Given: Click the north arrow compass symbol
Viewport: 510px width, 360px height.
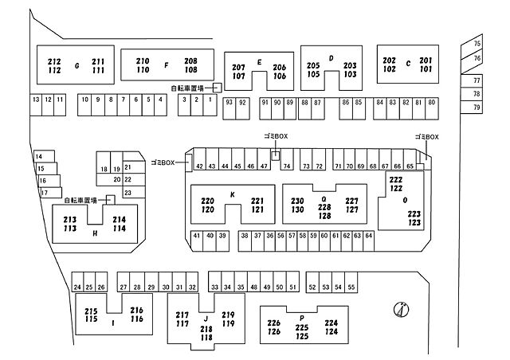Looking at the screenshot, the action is [401, 309].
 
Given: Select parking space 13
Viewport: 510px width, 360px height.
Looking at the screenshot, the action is [36, 104].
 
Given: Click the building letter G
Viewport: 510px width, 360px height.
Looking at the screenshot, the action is [77, 65].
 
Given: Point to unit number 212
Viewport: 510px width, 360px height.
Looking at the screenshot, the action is [54, 61].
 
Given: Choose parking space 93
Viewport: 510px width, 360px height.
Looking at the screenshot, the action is [229, 108].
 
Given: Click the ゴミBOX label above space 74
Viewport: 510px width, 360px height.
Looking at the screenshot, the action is [276, 136].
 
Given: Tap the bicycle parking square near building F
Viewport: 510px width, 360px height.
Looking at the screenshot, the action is [218, 88].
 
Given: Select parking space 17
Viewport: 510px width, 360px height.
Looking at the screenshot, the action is [51, 193].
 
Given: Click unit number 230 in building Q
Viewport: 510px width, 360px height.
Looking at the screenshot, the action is [297, 201].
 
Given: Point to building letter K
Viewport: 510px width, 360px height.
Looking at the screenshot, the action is [232, 194].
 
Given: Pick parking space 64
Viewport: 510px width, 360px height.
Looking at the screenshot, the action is [368, 241].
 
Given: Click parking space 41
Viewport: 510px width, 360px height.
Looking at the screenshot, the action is [197, 241].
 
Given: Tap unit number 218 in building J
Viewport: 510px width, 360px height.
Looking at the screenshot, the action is [206, 329].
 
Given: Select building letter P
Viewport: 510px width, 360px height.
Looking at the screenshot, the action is [302, 318].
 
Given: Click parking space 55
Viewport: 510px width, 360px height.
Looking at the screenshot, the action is [351, 282].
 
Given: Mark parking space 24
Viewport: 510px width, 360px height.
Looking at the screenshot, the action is [77, 282].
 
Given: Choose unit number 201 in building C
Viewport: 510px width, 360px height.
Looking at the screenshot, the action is [426, 61].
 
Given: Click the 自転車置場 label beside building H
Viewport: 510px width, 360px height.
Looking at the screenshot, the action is [80, 201].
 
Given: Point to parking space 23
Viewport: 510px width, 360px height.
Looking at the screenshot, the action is [134, 192].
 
